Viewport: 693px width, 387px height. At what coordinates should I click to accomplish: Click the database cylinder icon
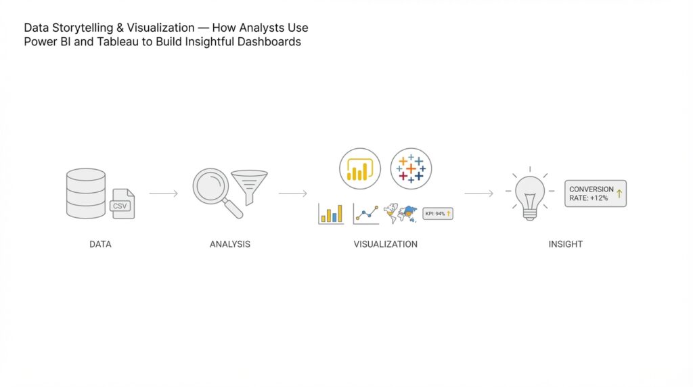pos(86,193)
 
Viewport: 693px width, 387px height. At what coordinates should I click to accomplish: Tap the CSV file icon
pos(122,204)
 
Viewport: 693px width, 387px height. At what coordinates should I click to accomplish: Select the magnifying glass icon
pos(215,189)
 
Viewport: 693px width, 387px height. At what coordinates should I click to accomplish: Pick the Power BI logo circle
pos(360,168)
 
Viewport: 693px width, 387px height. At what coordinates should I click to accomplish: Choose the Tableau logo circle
pos(411,168)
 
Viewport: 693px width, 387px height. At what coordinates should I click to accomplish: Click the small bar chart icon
pos(331,214)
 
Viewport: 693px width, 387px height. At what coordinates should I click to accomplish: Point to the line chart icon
pos(366,214)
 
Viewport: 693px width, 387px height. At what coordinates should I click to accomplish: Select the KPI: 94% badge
pos(438,214)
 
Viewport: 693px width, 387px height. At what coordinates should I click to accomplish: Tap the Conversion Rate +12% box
pos(596,193)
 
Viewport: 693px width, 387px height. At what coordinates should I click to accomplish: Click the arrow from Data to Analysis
pos(163,194)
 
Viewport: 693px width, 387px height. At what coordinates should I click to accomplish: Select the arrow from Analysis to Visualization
pos(292,194)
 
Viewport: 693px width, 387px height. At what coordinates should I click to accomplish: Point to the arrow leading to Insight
pos(478,194)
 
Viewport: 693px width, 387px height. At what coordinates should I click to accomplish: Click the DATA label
pos(100,244)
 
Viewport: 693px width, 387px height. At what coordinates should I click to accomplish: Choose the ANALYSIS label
pos(230,244)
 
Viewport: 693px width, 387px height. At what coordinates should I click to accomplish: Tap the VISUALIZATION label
pos(385,244)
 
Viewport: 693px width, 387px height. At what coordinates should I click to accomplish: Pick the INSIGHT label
pos(565,244)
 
